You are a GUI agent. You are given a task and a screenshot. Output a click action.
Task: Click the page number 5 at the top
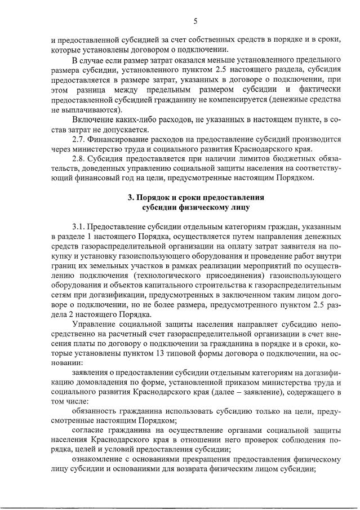[x=195, y=21]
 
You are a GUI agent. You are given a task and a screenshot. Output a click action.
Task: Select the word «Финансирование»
[x=119, y=139]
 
